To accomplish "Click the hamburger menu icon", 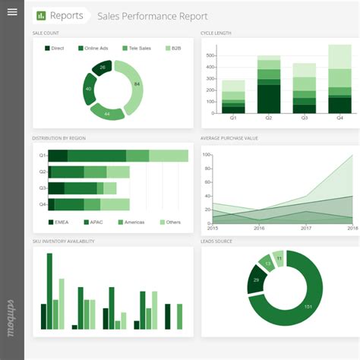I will click(11, 12).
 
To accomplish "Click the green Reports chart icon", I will click(40, 16).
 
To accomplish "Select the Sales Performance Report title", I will click(152, 16).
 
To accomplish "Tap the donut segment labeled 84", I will click(136, 84).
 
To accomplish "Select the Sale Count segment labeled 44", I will click(107, 113).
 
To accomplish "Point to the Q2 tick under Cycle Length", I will click(268, 118).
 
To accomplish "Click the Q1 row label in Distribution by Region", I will click(43, 156).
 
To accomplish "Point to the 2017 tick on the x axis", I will click(306, 228).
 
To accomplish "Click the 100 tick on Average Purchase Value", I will click(206, 154).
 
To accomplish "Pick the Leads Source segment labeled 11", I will click(279, 258).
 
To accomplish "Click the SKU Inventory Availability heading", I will click(63, 242).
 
